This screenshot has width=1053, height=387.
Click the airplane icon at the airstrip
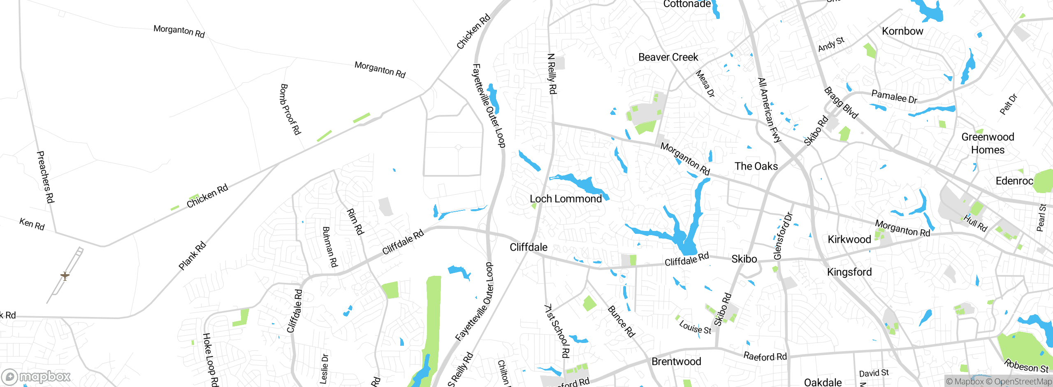65,275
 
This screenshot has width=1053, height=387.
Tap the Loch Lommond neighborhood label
566,199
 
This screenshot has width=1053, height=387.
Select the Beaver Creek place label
668,57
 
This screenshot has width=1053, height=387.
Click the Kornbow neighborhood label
902,31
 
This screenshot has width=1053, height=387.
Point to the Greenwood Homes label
988,143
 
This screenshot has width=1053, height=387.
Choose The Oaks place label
756,166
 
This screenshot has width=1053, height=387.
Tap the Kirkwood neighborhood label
849,240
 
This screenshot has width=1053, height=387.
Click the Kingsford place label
849,272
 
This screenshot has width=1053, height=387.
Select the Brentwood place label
676,361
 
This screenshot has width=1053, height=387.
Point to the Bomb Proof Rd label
290,110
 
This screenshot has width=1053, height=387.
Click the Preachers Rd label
45,177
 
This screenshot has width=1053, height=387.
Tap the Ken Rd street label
32,224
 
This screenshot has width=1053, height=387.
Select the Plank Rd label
192,256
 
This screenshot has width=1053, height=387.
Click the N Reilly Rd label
552,74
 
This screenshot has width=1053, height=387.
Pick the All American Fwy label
769,110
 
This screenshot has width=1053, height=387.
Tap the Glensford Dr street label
782,236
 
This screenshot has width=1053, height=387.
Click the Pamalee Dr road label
894,97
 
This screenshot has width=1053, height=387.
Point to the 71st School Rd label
557,331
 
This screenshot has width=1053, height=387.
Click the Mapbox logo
36,377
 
